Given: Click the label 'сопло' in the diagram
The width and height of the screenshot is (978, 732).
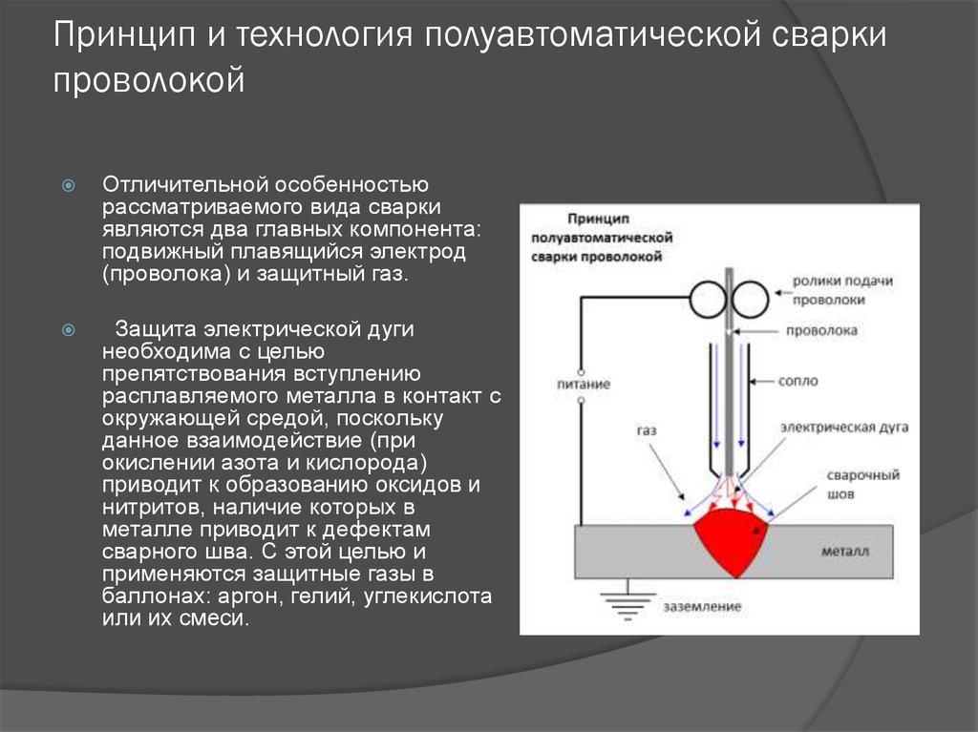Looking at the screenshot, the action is [x=797, y=381].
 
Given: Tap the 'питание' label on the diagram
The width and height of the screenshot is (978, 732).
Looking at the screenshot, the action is [x=584, y=384].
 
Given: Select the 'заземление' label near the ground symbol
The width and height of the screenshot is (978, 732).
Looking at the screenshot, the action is [x=702, y=607].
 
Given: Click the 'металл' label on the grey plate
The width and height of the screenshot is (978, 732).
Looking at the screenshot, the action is [x=845, y=552].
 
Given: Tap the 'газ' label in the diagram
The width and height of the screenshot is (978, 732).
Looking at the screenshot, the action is [x=647, y=430].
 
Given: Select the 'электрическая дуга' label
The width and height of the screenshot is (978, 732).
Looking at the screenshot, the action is [x=844, y=428].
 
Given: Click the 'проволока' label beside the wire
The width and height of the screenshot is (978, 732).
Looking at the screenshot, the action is [x=821, y=330].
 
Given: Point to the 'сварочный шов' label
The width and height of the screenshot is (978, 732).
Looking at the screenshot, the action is [x=863, y=485].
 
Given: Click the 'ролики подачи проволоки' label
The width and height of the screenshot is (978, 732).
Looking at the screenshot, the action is [x=842, y=290].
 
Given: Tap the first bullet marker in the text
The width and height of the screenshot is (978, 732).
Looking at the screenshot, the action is [x=69, y=185].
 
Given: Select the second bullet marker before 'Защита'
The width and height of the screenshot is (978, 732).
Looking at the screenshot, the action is [x=69, y=330].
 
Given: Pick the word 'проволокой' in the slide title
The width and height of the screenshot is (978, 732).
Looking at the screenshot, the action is [x=148, y=81].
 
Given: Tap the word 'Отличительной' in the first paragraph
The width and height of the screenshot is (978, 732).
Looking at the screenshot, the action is [x=184, y=184].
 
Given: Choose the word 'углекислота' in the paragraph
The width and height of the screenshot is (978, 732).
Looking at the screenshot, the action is [x=427, y=596].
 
